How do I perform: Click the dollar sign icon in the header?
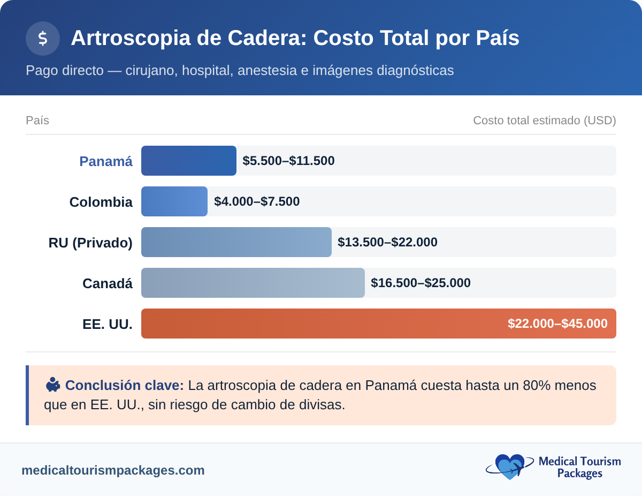(43, 39)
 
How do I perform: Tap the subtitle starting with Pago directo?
(240, 70)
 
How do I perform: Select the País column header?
(37, 121)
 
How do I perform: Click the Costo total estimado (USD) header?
(544, 121)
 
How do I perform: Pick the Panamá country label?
(106, 161)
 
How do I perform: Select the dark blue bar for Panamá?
(188, 161)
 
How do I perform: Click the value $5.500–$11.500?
(288, 161)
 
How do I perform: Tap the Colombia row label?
(101, 202)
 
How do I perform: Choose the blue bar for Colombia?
(174, 201)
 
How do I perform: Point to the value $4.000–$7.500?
(257, 201)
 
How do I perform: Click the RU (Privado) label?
(90, 243)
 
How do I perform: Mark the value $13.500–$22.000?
(387, 242)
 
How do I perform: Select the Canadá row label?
(108, 283)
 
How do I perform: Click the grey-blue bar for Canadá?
(253, 283)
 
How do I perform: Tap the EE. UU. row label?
(108, 324)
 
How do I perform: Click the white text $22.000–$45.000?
(557, 324)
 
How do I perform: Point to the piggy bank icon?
(52, 385)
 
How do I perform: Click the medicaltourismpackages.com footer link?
(113, 470)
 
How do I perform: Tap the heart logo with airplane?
(509, 467)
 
